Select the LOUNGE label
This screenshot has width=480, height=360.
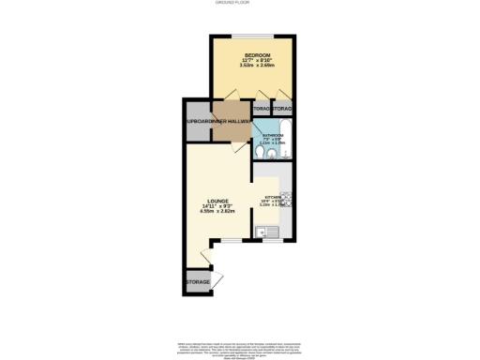click(x=217, y=201)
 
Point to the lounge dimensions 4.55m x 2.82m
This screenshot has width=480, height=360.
click(x=217, y=212)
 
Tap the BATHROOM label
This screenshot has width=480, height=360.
click(x=272, y=133)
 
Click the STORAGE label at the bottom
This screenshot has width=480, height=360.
click(x=197, y=281)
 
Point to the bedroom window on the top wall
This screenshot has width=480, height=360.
click(x=253, y=38)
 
